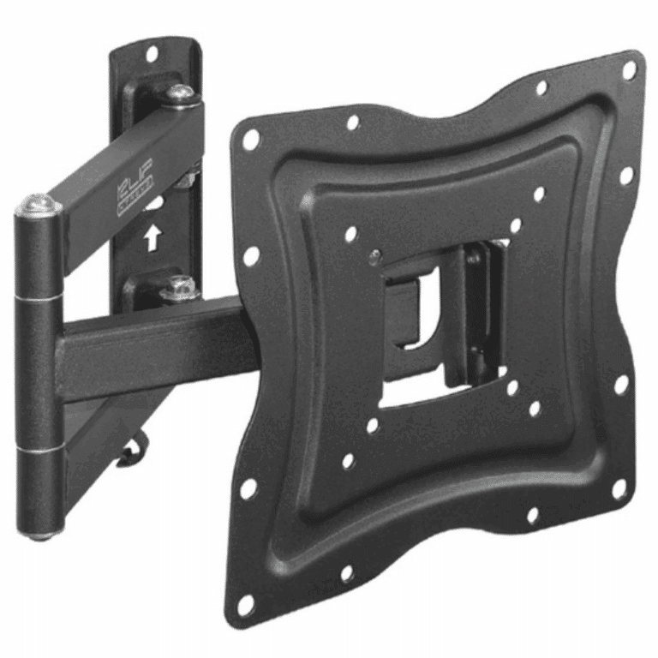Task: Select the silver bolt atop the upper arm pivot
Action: pos(181,93)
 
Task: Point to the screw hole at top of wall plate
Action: pos(152,54)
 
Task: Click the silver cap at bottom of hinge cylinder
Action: pos(39,534)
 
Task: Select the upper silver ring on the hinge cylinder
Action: pos(39,296)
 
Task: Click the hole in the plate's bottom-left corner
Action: pos(244,605)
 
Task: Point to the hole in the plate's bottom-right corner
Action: pos(618,489)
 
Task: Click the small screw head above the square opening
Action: pos(374,254)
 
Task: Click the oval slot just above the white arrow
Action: pos(155,205)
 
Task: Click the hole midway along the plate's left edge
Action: pos(250,255)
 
